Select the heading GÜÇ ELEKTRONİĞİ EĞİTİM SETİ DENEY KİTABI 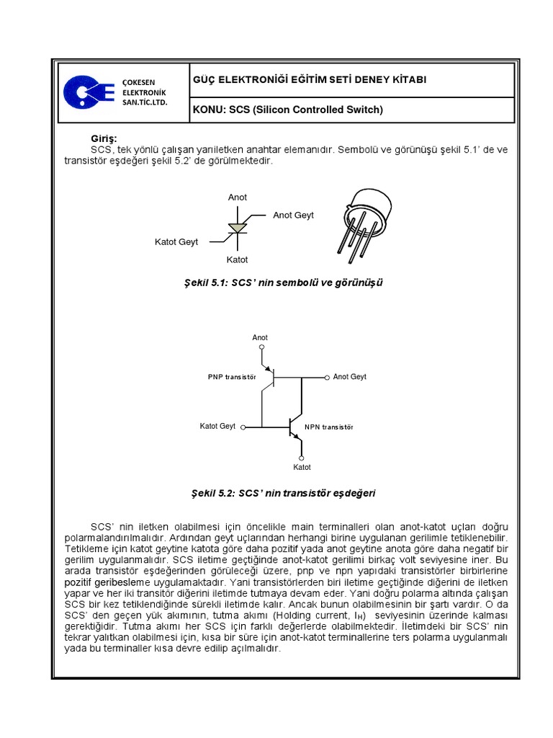click(309, 79)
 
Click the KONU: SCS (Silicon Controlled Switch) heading click(287, 110)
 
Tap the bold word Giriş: click(103, 138)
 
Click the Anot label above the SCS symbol click(238, 197)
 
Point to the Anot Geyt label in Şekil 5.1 click(293, 215)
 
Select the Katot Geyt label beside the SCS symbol click(176, 242)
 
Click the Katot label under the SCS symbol click(238, 259)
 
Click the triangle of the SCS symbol click(237, 228)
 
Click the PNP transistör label click(232, 377)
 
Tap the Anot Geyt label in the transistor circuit click(350, 377)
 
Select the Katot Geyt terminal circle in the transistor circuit click(243, 427)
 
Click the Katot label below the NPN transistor click(302, 467)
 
